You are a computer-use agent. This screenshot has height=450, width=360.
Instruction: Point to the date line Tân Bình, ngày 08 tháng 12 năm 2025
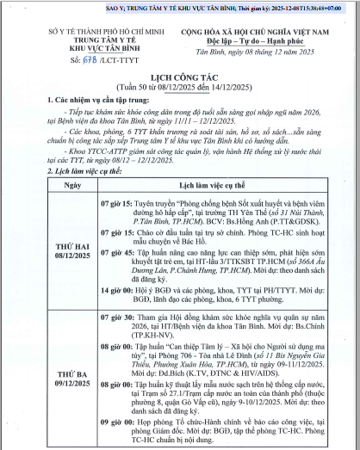(256, 52)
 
